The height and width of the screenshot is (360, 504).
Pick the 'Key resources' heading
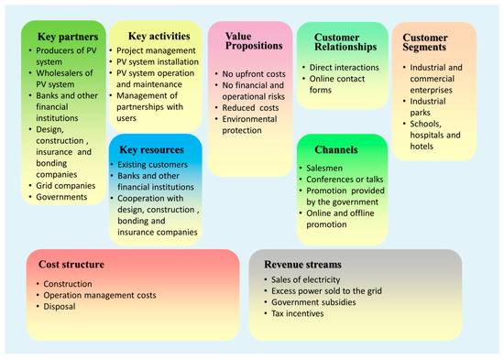click(x=155, y=148)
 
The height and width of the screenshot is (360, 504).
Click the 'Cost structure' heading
click(x=71, y=265)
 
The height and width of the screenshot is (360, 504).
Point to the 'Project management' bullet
click(x=158, y=50)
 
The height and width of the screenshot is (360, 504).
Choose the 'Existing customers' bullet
click(x=159, y=167)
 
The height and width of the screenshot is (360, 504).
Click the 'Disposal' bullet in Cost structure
click(x=61, y=308)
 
